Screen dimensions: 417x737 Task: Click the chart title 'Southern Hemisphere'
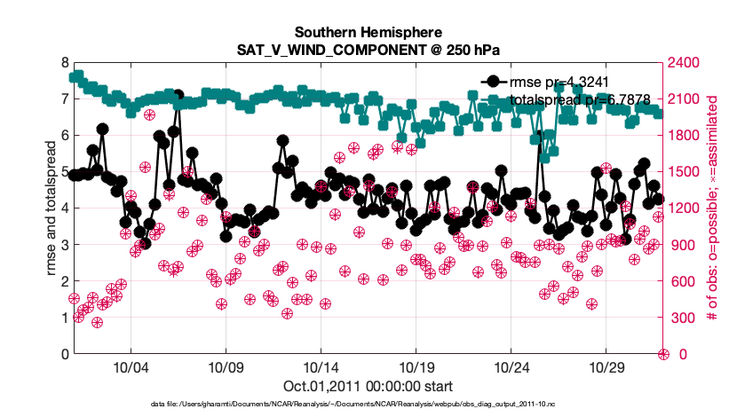[x=368, y=34]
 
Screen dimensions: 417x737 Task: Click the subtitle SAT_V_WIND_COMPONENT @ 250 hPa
[x=368, y=50]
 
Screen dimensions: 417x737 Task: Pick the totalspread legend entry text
[x=581, y=98]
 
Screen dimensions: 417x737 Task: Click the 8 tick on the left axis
[x=64, y=63]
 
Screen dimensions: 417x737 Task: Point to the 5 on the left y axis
[x=64, y=172]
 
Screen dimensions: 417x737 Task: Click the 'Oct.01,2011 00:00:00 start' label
[x=368, y=386]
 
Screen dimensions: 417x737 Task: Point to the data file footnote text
[x=353, y=404]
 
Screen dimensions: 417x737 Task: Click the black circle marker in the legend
[x=490, y=82]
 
